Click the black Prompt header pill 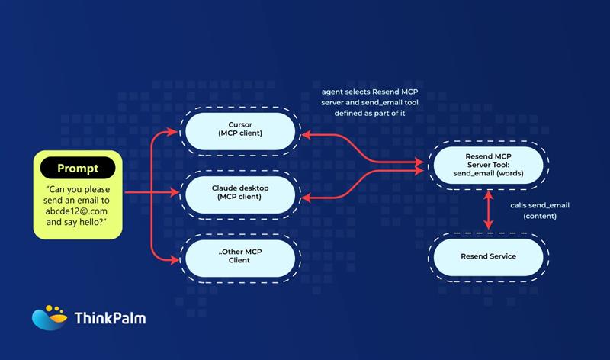[79, 168]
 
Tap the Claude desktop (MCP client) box [239, 192]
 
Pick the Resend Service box [488, 256]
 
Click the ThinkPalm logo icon [49, 317]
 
